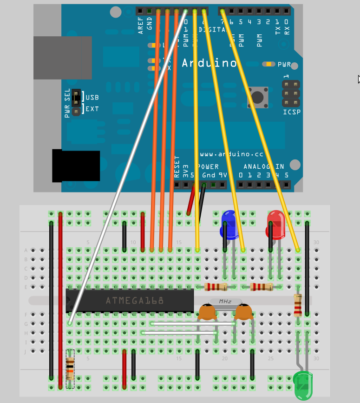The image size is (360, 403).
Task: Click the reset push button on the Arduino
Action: (x=258, y=97)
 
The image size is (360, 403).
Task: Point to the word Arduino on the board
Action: (x=209, y=63)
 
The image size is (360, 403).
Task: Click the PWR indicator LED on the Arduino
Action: (x=268, y=64)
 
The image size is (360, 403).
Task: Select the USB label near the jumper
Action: (x=92, y=97)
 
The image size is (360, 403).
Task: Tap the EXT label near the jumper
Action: (x=92, y=109)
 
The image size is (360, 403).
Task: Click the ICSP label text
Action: (x=292, y=112)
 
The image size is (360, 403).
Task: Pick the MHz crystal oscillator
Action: (x=225, y=302)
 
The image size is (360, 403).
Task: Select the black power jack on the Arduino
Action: (x=76, y=165)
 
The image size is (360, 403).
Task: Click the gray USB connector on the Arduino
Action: (x=62, y=58)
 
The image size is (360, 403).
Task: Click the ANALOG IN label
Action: (x=264, y=166)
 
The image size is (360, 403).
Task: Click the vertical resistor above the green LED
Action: (x=298, y=305)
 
